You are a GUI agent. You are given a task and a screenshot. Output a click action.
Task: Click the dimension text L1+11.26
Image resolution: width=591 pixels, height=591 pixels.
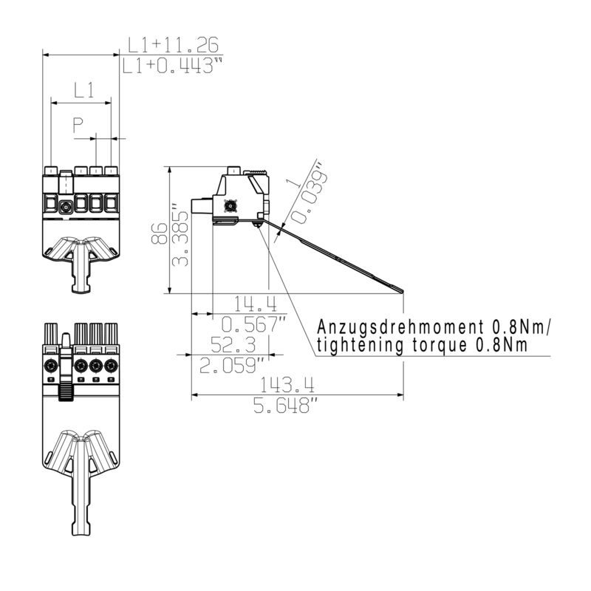tap(172, 45)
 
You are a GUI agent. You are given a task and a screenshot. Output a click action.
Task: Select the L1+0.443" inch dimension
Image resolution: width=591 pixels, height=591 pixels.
tap(172, 66)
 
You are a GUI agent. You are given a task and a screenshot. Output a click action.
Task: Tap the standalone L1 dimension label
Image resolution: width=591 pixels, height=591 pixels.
tap(83, 91)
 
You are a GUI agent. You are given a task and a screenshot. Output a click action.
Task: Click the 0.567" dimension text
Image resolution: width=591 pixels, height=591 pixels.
tap(255, 324)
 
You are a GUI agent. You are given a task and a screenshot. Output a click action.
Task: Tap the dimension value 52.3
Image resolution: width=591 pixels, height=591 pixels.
tap(233, 344)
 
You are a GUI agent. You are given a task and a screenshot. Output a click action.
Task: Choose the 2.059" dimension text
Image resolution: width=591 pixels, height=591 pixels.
tap(233, 365)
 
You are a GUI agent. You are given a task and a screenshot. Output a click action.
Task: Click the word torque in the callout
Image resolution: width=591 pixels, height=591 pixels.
tap(433, 344)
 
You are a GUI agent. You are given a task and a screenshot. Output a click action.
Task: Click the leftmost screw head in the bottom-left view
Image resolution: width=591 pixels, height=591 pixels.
tap(51, 366)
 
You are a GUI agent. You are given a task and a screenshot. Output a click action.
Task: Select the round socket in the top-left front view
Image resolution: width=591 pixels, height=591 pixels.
tap(66, 208)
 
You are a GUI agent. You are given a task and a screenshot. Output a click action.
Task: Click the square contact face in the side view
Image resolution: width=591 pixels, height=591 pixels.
tap(229, 207)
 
